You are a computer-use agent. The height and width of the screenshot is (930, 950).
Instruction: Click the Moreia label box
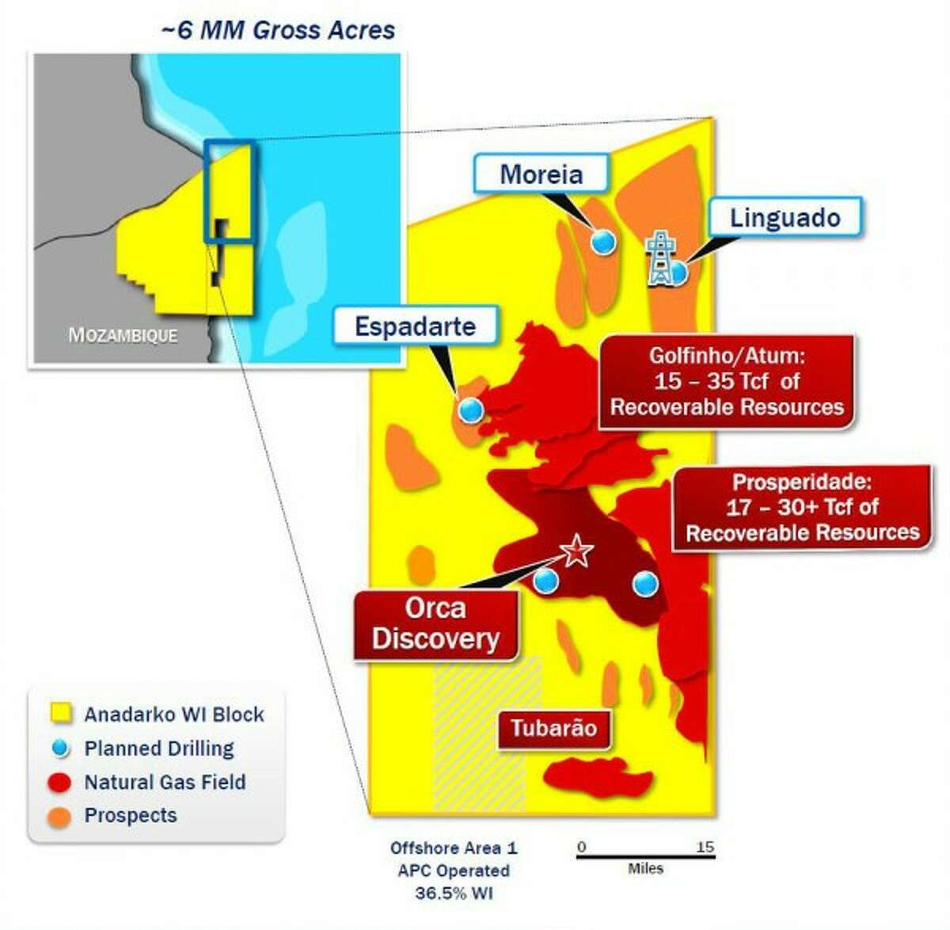tap(541, 173)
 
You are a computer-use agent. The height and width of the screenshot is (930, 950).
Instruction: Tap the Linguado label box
tap(785, 217)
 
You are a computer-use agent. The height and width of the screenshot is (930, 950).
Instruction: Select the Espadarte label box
tap(415, 326)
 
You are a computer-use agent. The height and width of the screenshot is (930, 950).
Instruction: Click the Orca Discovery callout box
tap(435, 624)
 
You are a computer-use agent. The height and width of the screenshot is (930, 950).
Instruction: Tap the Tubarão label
tap(553, 728)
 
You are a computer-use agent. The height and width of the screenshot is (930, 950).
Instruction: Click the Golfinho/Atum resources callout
tap(726, 382)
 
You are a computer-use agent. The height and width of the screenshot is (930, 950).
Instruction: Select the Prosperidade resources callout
tap(802, 507)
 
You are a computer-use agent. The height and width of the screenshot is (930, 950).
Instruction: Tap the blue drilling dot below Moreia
tap(604, 242)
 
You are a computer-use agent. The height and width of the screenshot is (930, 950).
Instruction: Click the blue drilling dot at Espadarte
tap(470, 410)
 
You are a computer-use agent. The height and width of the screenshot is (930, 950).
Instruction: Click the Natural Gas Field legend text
tap(165, 782)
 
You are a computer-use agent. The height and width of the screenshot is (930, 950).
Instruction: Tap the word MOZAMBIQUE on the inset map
tap(123, 335)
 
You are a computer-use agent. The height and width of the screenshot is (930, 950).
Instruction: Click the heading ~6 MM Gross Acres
tap(278, 30)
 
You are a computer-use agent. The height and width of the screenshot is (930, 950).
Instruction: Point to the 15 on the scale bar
tap(705, 847)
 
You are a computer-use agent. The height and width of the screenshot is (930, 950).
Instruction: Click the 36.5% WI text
tap(454, 893)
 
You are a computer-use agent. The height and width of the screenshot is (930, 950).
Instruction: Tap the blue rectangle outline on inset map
tap(230, 143)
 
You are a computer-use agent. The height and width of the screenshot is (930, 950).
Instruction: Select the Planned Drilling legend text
tap(159, 748)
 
